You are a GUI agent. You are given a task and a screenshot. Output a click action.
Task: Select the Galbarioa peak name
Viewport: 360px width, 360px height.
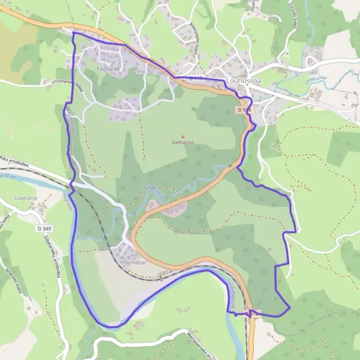pos(182,143)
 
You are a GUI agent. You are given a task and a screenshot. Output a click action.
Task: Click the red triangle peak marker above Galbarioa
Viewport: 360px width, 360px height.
pos(183,136)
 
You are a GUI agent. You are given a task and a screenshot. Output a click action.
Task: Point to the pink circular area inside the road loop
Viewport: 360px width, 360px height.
pos(169,208)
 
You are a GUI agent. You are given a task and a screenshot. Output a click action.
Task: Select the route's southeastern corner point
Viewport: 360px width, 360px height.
pos(289,308)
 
